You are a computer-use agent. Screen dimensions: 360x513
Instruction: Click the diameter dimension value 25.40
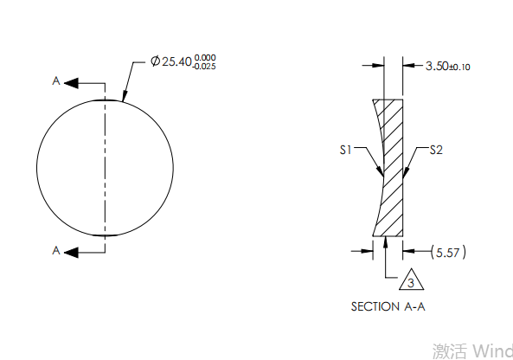[x=176, y=62]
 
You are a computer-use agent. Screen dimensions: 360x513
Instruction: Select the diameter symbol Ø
[x=155, y=62]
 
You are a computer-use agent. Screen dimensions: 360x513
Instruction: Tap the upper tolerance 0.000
[x=205, y=57]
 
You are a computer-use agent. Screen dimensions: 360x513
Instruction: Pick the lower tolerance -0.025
[x=205, y=67]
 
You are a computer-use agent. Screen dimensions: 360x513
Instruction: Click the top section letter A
[x=56, y=81]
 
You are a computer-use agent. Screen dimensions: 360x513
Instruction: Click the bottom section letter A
[x=56, y=250]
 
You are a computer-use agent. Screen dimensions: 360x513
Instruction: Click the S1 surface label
[x=345, y=150]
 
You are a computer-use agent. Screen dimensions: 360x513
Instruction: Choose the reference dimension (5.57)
[x=448, y=252]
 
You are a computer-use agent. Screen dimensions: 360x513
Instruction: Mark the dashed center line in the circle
[x=106, y=164]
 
